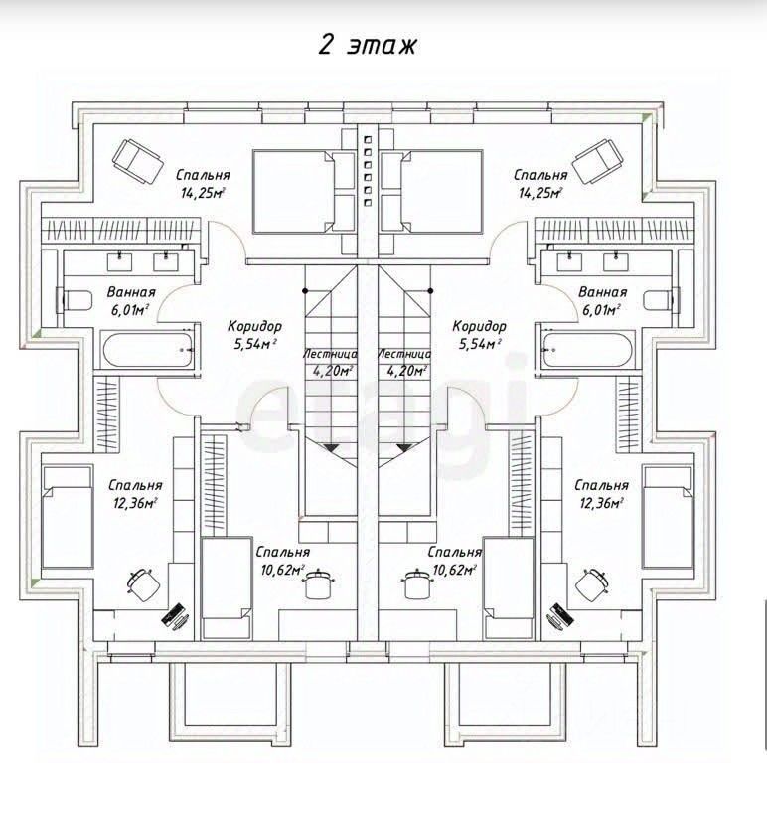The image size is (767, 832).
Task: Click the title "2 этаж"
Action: tap(367, 45)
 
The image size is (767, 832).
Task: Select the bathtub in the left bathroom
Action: tap(147, 350)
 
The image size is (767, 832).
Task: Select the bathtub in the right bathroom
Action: tap(588, 350)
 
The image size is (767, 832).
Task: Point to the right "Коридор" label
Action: tap(479, 326)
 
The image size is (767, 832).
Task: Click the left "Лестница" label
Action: tap(330, 354)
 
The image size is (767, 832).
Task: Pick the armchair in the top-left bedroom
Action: tap(137, 162)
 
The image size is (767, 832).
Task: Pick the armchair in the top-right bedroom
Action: tap(598, 162)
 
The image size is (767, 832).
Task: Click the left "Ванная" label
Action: tap(131, 292)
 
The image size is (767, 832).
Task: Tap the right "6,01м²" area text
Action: tap(602, 310)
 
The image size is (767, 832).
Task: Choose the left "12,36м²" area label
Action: tap(135, 503)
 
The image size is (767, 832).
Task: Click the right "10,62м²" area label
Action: tap(455, 570)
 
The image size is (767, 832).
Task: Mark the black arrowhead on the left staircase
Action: tap(331, 448)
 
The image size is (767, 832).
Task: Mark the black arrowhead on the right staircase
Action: tap(404, 448)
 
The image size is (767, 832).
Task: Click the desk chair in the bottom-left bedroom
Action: tap(143, 584)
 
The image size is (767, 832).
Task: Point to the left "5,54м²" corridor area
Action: tap(255, 344)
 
